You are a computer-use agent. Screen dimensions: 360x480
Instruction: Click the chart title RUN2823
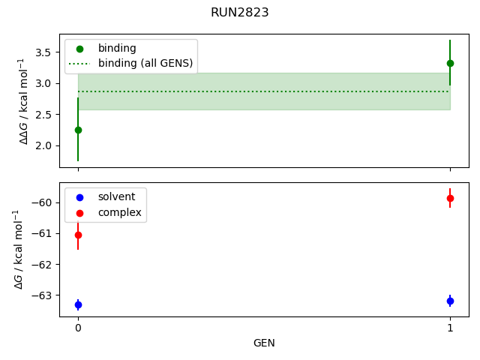(240, 13)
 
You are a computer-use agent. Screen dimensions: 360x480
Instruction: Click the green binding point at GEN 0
(78, 130)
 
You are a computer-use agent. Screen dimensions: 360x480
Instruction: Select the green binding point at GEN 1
(450, 63)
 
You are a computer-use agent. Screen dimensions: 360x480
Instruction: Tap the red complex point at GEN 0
(78, 235)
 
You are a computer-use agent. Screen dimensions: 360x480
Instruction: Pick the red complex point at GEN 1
(450, 198)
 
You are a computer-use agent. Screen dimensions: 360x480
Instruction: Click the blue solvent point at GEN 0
(78, 304)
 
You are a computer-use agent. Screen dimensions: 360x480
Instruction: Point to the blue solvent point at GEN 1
(450, 301)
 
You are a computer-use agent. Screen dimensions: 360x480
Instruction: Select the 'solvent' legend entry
(116, 196)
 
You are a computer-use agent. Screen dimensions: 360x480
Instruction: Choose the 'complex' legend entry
(119, 212)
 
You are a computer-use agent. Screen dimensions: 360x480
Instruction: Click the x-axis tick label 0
(78, 328)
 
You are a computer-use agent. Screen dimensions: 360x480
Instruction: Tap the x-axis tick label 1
(450, 328)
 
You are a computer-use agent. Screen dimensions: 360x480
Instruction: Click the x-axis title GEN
(264, 343)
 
